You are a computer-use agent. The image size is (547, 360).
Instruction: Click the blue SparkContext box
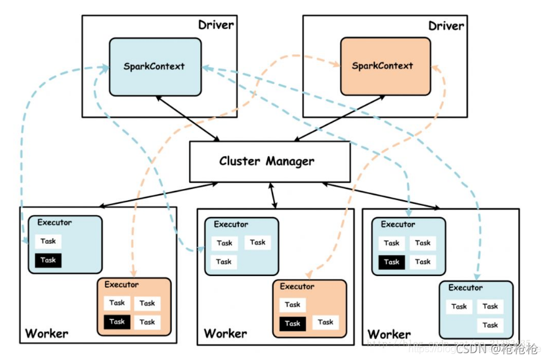click(x=155, y=67)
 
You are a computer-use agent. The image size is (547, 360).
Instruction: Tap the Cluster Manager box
click(x=269, y=161)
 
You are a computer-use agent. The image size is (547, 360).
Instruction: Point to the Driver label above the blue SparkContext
click(x=216, y=25)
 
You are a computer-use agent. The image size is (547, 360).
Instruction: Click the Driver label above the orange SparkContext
click(x=446, y=26)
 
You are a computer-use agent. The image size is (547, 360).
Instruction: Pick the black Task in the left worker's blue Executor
click(x=48, y=260)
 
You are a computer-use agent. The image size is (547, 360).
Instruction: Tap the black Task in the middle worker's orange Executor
click(x=292, y=323)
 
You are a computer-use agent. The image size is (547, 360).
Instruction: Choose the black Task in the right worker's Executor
click(x=391, y=261)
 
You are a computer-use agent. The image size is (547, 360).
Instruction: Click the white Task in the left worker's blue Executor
click(x=48, y=241)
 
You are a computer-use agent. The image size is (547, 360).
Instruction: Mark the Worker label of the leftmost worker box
click(x=47, y=334)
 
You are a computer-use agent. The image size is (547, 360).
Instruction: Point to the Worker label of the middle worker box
click(x=225, y=334)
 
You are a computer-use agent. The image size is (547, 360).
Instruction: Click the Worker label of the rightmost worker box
click(x=389, y=334)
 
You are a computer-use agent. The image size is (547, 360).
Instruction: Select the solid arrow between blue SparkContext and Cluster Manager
click(x=187, y=118)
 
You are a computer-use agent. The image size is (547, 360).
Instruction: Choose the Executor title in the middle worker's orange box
click(x=297, y=287)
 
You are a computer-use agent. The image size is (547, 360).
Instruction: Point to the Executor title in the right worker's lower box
click(x=465, y=288)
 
